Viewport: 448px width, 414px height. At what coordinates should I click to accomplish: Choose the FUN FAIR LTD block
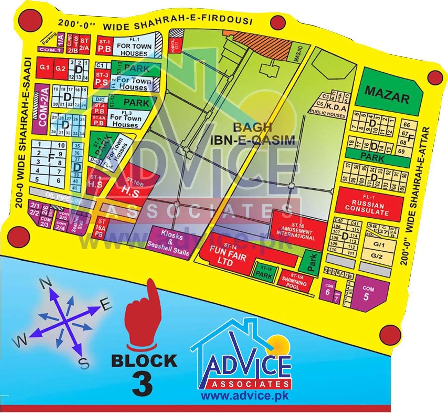pos(228,256)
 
